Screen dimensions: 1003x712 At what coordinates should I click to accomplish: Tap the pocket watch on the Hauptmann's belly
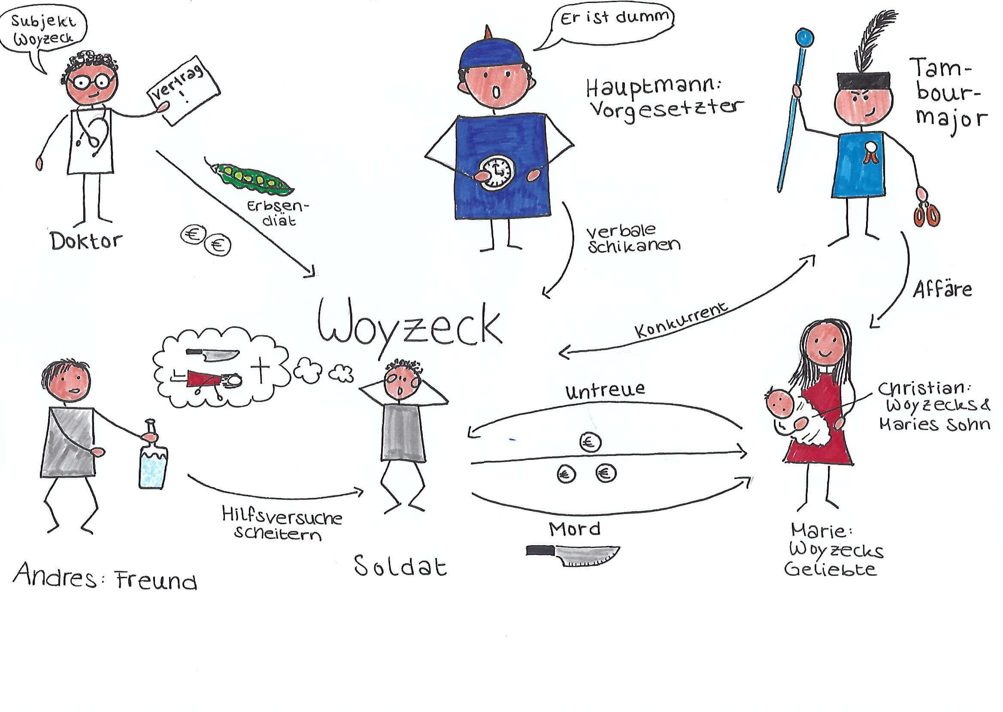496,173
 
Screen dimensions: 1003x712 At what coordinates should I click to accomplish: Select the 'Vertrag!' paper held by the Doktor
185,91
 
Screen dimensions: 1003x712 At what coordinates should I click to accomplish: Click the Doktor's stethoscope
93,130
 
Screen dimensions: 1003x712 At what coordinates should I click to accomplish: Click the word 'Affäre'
942,290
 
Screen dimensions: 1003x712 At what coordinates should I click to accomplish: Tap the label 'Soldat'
400,566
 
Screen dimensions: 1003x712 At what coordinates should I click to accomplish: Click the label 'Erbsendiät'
279,213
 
